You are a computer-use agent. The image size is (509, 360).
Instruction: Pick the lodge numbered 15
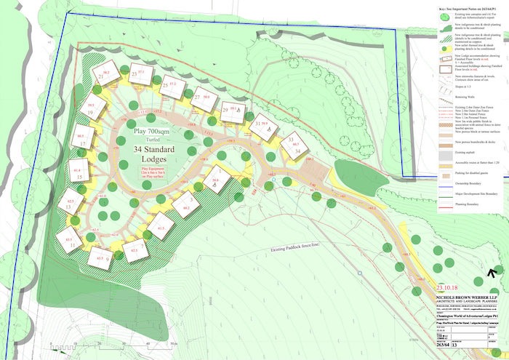[80, 172]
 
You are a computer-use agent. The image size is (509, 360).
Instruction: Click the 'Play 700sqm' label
[155, 132]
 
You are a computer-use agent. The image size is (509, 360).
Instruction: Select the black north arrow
[494, 272]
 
